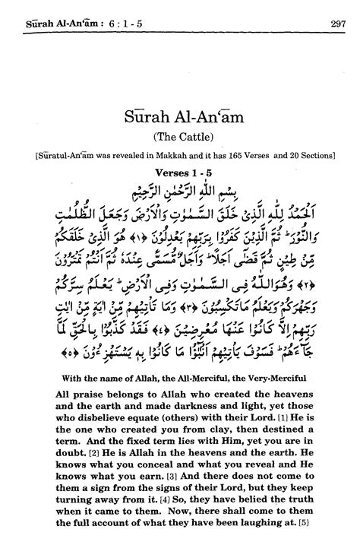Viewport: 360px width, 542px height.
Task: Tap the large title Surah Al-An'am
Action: [x=179, y=120]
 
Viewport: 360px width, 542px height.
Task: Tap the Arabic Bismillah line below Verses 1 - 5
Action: [x=181, y=189]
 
